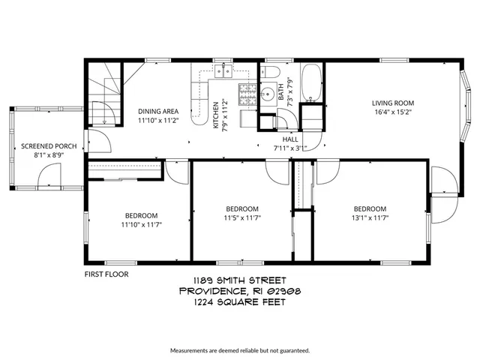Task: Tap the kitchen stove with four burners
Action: (x=247, y=94)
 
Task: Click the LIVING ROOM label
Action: (x=393, y=103)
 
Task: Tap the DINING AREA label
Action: (x=157, y=111)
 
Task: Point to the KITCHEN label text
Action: (x=215, y=115)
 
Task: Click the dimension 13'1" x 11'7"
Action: (x=370, y=219)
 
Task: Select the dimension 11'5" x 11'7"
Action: (x=242, y=219)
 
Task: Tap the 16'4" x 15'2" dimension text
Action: (x=393, y=112)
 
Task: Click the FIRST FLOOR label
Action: (x=106, y=274)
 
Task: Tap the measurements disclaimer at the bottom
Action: (x=239, y=350)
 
